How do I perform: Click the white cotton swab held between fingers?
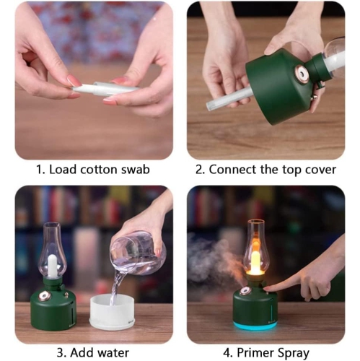[x=105, y=90]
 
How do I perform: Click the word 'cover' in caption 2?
[x=319, y=170]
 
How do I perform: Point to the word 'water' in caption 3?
[x=115, y=353]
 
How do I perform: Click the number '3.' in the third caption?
[x=59, y=353]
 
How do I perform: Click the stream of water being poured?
[x=115, y=285]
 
